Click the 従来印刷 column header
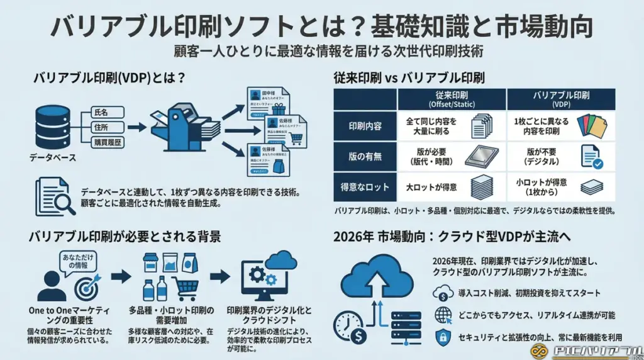pyautogui.click(x=452, y=98)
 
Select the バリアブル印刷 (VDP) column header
pyautogui.click(x=560, y=98)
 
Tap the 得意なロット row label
pyautogui.click(x=365, y=186)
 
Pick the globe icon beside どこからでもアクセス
pyautogui.click(x=443, y=315)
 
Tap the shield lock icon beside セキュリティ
pyautogui.click(x=443, y=337)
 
